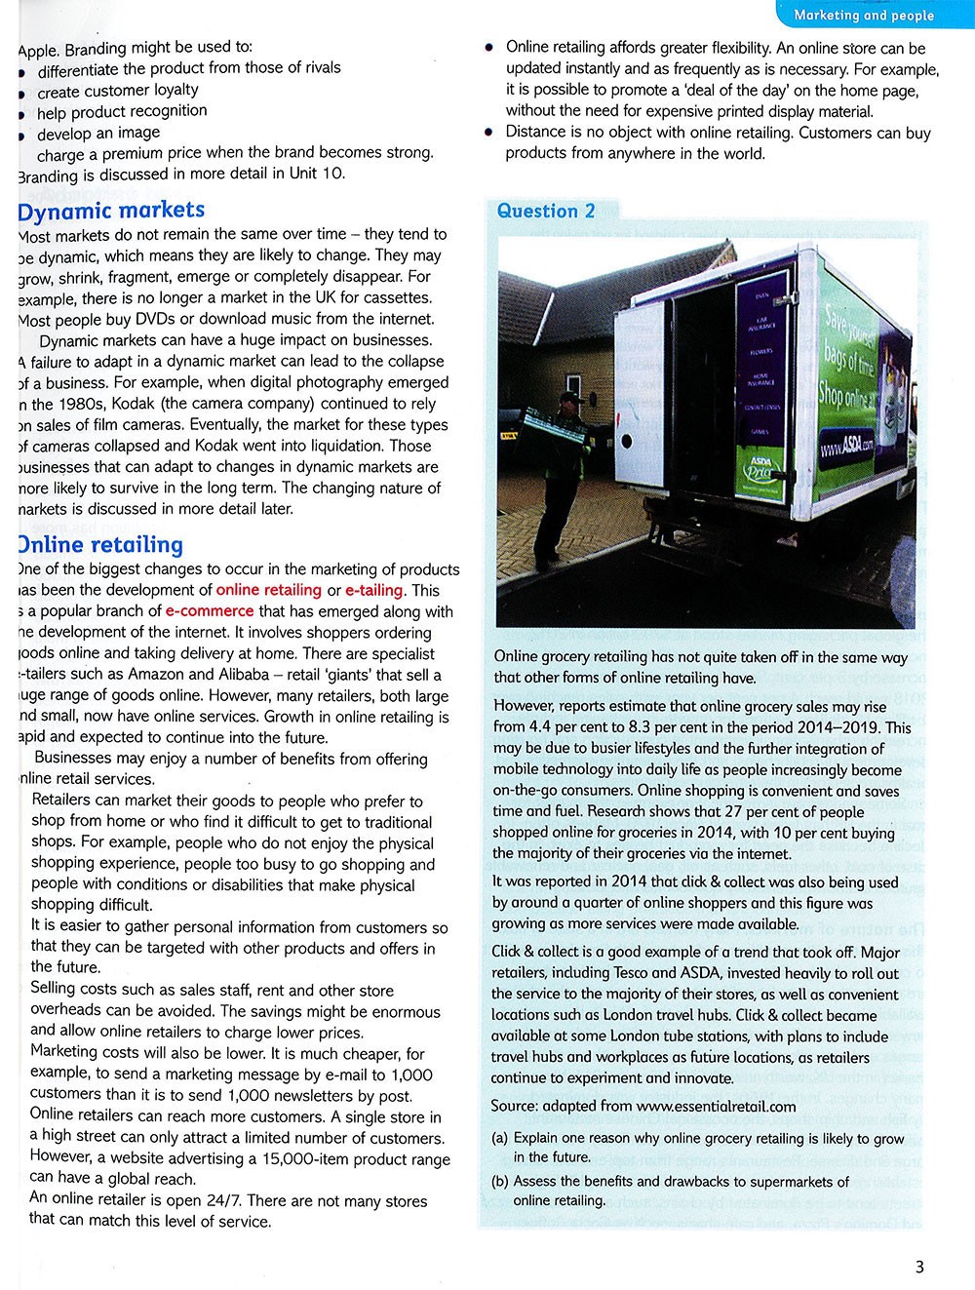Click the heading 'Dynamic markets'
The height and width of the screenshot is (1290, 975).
[x=111, y=210]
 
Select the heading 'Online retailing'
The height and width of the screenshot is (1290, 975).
[x=99, y=544]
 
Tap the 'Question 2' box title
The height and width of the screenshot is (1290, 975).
[x=545, y=211]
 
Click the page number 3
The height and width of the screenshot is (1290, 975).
[x=918, y=1267]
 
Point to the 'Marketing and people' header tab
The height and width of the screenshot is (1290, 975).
[x=864, y=15]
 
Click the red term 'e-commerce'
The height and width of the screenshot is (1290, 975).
[x=210, y=611]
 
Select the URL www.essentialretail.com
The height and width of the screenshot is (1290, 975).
[x=716, y=1106]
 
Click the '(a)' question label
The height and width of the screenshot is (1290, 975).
[x=501, y=1138]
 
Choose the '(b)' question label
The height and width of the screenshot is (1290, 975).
[x=501, y=1181]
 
